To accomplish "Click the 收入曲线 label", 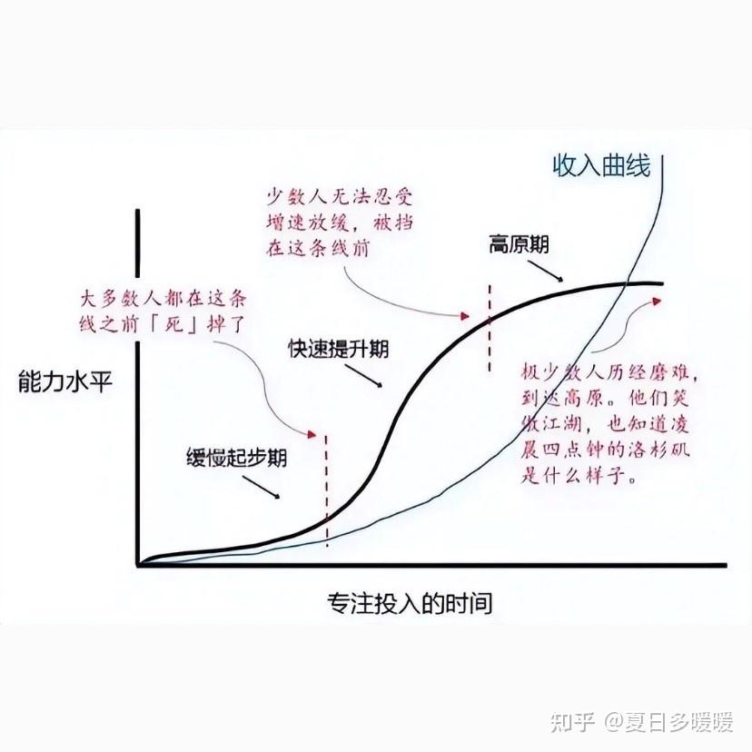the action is point(600,166).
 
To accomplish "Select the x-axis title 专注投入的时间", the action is point(410,602).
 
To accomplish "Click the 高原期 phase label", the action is point(519,243).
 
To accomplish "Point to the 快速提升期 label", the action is point(339,348).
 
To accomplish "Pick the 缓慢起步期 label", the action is point(236,457).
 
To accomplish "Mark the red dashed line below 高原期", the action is point(490,327).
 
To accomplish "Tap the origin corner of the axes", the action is point(138,565).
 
